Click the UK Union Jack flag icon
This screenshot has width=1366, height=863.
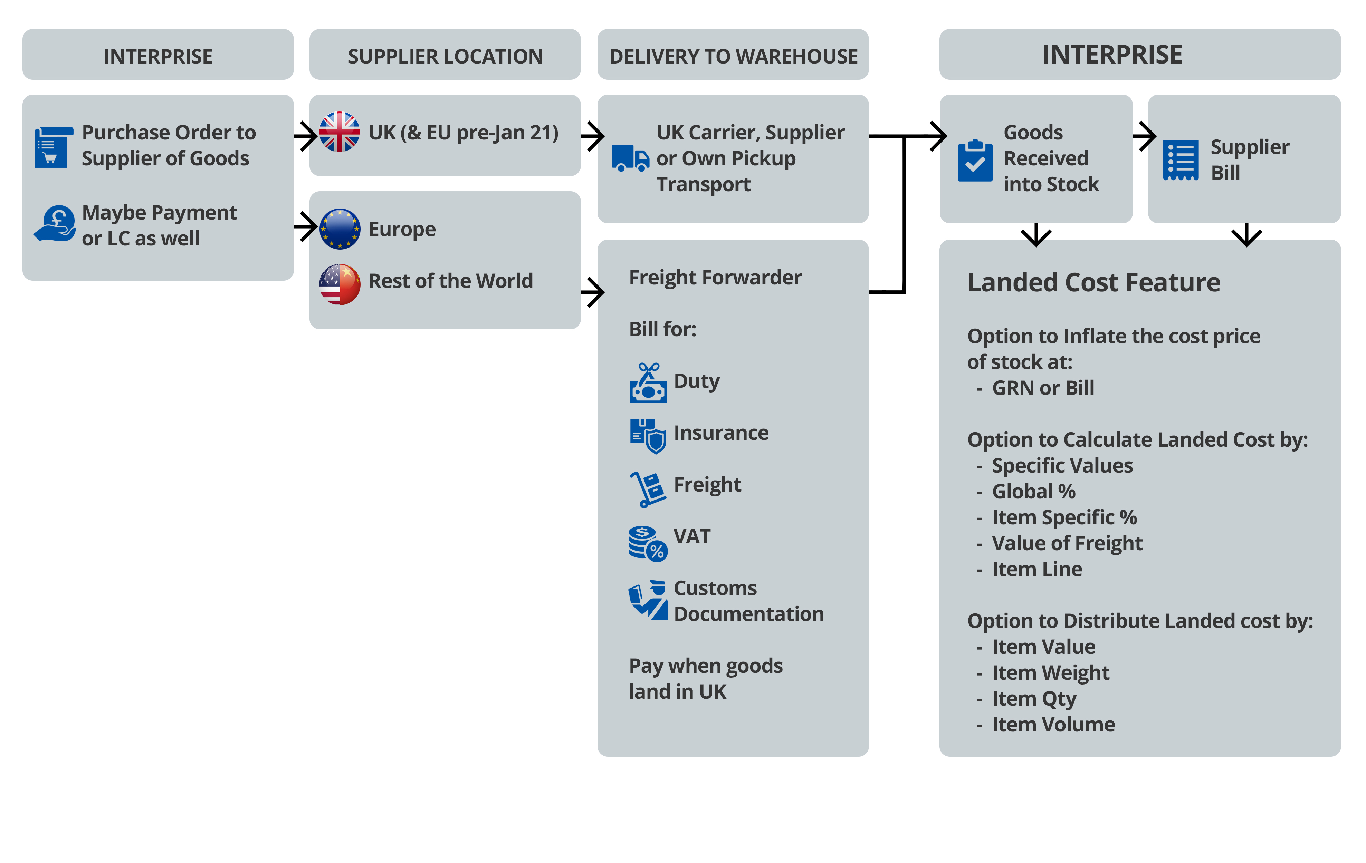click(339, 132)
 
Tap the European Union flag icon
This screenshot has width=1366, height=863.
click(339, 229)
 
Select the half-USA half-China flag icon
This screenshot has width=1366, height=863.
click(339, 284)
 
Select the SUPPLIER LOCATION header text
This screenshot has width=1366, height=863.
click(445, 56)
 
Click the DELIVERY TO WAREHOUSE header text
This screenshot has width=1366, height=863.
click(733, 56)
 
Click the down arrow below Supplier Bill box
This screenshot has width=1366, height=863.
click(1246, 235)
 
